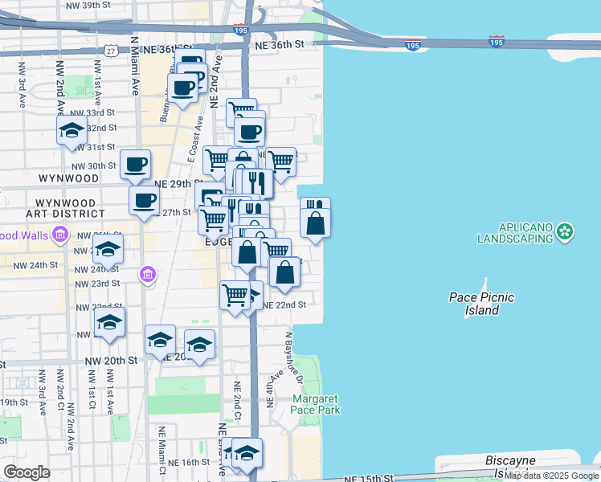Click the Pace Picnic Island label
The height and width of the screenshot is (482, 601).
(481, 303)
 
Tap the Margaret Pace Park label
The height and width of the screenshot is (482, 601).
(316, 404)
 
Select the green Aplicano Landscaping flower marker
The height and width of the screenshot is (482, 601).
(566, 232)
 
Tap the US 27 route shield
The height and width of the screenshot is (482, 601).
(110, 50)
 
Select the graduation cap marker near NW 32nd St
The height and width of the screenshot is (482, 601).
(72, 131)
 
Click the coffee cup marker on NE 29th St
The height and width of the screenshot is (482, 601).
(144, 201)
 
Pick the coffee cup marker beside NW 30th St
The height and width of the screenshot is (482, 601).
(135, 165)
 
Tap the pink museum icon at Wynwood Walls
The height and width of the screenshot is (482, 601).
(59, 235)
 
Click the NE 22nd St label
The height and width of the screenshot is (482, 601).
(284, 305)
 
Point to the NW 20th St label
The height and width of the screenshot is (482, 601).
(115, 361)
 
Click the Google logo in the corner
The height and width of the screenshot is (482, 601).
(27, 472)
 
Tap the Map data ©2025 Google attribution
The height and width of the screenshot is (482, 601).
(551, 476)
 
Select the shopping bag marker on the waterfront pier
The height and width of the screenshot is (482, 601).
(316, 224)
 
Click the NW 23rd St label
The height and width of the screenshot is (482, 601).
(96, 284)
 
